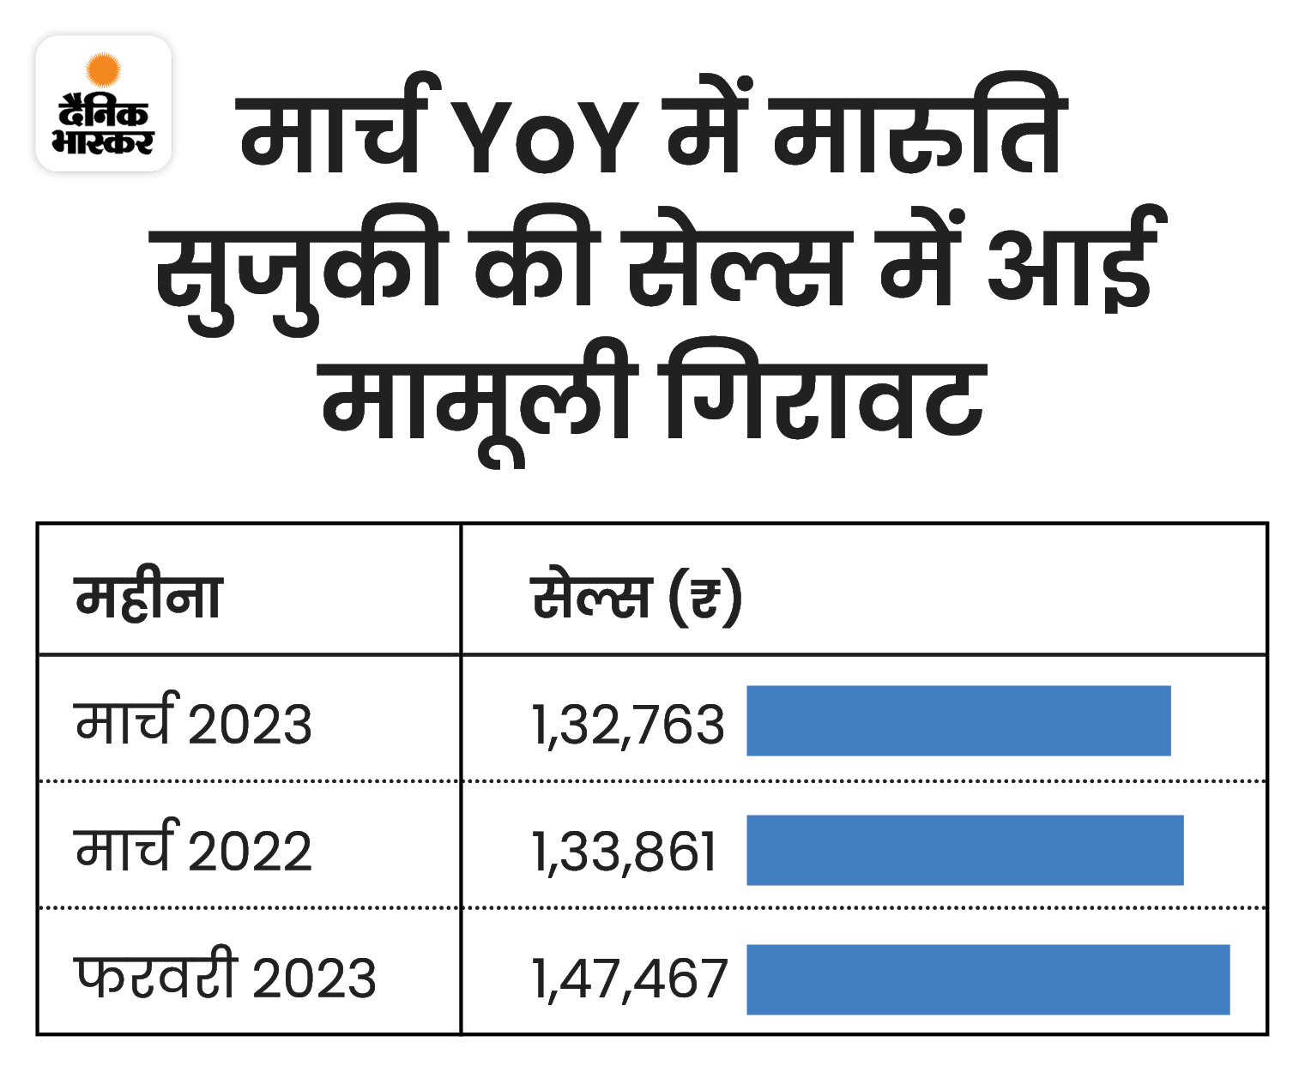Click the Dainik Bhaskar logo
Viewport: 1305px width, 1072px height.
click(x=104, y=104)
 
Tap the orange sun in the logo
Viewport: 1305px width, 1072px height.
click(x=104, y=69)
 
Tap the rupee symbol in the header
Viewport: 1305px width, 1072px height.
click(x=705, y=597)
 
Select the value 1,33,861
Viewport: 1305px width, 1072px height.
click(x=625, y=852)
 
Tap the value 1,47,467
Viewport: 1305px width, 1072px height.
click(x=630, y=979)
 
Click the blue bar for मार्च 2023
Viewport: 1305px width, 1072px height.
click(x=958, y=720)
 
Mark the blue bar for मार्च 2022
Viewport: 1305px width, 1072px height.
click(x=964, y=850)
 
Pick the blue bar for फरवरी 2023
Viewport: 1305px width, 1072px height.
click(x=988, y=979)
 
